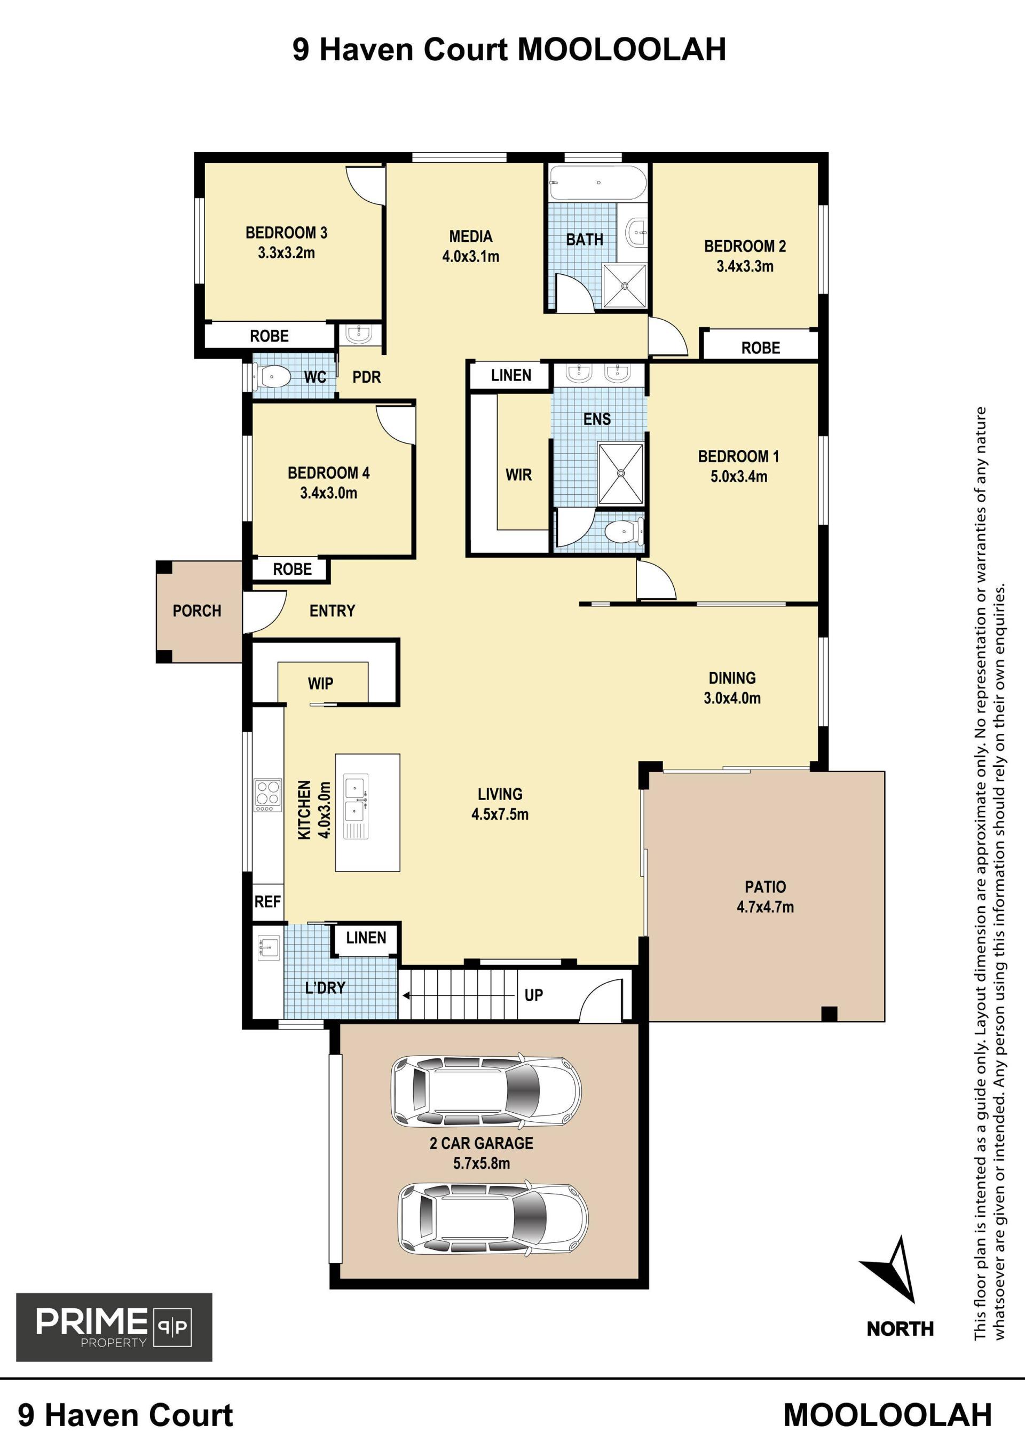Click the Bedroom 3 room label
(x=286, y=233)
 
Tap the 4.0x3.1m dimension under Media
(x=470, y=257)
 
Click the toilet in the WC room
(x=272, y=377)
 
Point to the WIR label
(x=518, y=474)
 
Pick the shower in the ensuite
(x=621, y=474)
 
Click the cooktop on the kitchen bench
(x=267, y=795)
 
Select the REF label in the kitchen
(x=267, y=902)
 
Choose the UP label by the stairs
(x=533, y=995)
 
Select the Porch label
(x=197, y=611)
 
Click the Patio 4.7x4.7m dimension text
(x=765, y=907)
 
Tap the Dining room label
(x=732, y=678)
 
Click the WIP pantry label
(x=321, y=684)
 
